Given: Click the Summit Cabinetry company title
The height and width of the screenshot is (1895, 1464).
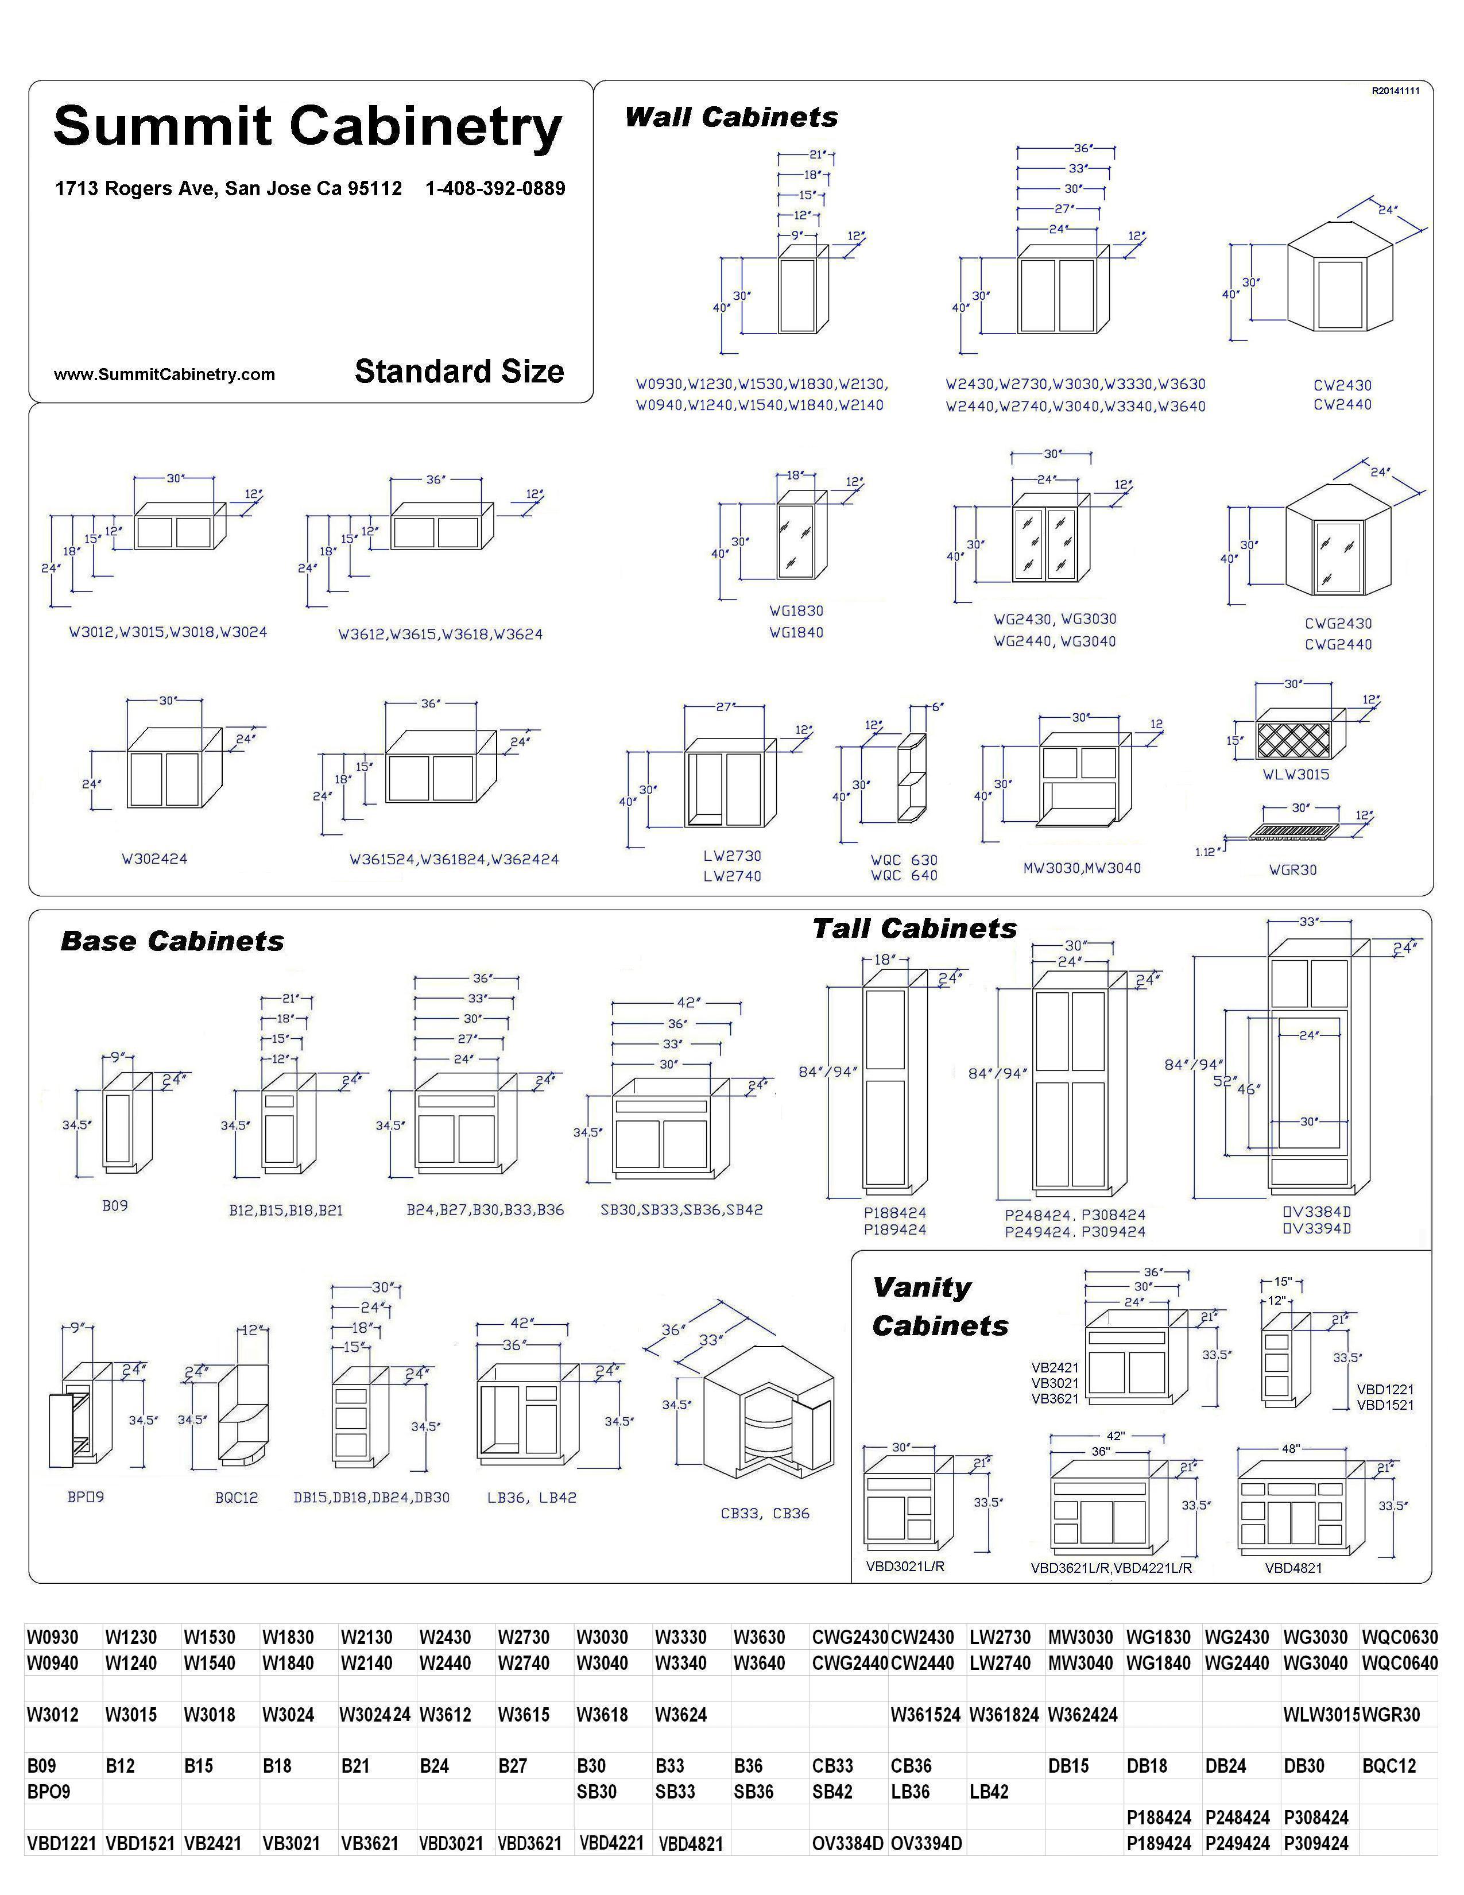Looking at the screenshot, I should [x=308, y=127].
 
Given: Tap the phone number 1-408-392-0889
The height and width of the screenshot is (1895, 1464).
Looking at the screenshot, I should [x=495, y=188].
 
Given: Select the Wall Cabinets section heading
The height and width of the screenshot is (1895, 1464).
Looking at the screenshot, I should [x=731, y=117].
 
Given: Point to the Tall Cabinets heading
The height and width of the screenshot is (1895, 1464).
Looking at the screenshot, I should [x=914, y=929].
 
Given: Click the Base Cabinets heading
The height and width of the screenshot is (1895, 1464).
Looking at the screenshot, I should [x=172, y=941].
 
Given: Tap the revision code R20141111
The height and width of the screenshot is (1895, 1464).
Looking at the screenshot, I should [x=1396, y=90].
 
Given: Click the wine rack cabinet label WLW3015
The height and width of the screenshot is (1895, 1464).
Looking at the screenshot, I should [x=1296, y=774].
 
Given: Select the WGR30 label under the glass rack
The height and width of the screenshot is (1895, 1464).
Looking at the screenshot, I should [x=1292, y=869].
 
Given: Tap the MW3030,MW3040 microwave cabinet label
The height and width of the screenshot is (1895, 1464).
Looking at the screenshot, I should [x=1082, y=868].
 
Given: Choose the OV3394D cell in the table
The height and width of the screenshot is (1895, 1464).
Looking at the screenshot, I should [x=926, y=1843].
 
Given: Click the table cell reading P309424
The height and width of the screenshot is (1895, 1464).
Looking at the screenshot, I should [x=1316, y=1843].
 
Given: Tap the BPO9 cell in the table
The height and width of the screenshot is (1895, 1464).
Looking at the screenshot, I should [x=49, y=1791].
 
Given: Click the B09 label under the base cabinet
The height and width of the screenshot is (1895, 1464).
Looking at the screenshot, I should [x=115, y=1205].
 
